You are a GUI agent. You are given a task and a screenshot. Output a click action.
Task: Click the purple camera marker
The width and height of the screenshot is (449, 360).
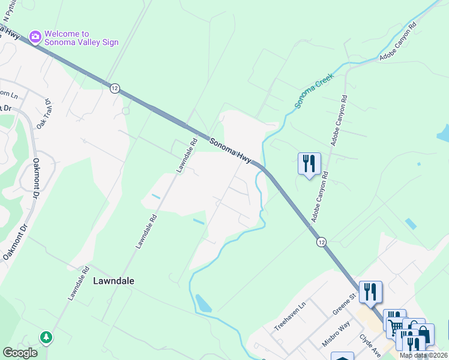pos(35,38)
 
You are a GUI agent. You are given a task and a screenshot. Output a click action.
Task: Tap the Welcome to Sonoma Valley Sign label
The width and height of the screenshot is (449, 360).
pos(81,38)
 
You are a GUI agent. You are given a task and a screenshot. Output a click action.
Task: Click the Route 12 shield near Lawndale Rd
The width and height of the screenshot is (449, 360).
pos(114,88)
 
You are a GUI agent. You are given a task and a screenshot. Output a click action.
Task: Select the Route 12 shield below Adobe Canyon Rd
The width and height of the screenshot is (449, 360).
pos(322,241)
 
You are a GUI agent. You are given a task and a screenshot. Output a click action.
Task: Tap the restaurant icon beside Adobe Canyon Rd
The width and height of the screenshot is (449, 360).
pos(309,163)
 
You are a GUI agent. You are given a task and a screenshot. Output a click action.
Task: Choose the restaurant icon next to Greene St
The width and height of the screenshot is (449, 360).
pos(370,292)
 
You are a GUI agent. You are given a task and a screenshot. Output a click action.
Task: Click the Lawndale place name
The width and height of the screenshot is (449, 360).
pos(114,280)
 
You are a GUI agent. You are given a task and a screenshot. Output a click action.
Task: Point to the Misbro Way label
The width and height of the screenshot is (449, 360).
pos(336,334)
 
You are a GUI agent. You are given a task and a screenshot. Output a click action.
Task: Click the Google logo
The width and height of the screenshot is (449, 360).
pos(20,353)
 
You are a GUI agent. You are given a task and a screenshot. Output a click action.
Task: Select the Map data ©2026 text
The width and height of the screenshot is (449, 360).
pos(424,355)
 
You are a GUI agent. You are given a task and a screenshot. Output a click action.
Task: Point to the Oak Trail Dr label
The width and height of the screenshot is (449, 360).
pos(44,114)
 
